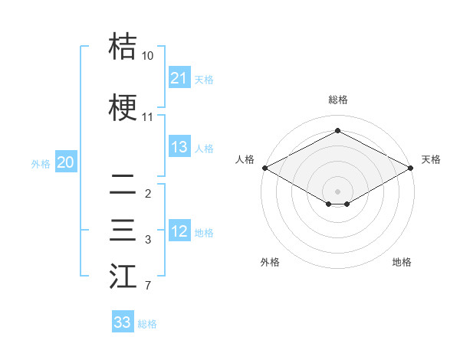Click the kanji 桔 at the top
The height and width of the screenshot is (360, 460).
click(x=123, y=47)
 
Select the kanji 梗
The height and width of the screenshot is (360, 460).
click(x=123, y=108)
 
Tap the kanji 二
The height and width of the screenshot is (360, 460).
click(x=123, y=185)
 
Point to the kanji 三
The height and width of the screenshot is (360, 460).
click(x=123, y=231)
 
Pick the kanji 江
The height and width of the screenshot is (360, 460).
click(x=123, y=277)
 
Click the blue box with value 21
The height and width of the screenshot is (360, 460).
click(x=179, y=78)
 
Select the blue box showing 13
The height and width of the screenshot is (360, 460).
click(x=179, y=147)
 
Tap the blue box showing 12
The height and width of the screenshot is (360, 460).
click(x=179, y=231)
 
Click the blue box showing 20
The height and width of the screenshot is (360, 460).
click(x=66, y=162)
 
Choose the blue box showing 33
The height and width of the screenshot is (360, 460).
click(x=123, y=322)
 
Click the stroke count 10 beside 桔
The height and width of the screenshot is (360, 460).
click(x=147, y=56)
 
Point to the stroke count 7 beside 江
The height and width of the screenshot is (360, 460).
click(x=147, y=286)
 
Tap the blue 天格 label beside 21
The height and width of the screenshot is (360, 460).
click(x=204, y=79)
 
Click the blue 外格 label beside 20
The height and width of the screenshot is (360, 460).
click(x=41, y=163)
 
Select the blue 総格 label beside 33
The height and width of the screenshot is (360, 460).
click(x=147, y=323)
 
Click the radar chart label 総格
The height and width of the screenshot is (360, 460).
click(x=337, y=100)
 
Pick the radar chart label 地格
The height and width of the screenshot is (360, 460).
click(x=402, y=262)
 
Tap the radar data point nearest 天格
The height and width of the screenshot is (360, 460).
click(x=411, y=168)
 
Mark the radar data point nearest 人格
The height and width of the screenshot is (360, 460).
click(x=264, y=168)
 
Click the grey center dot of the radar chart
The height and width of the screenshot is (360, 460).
click(x=337, y=190)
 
